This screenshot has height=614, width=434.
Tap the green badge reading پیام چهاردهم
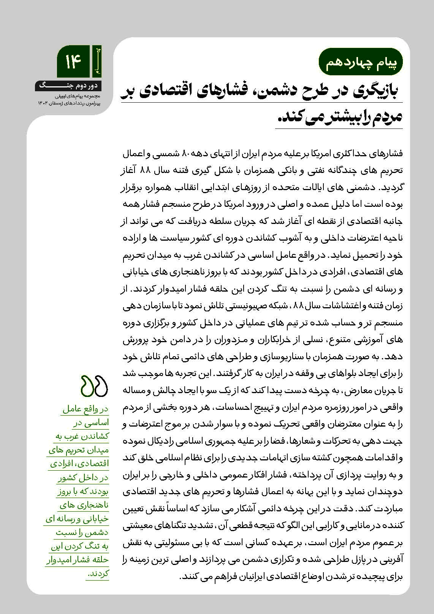[359, 63]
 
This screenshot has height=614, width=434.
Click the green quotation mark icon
[95, 386]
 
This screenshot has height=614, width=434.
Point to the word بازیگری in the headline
[364, 91]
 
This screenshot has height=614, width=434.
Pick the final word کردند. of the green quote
[98, 573]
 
